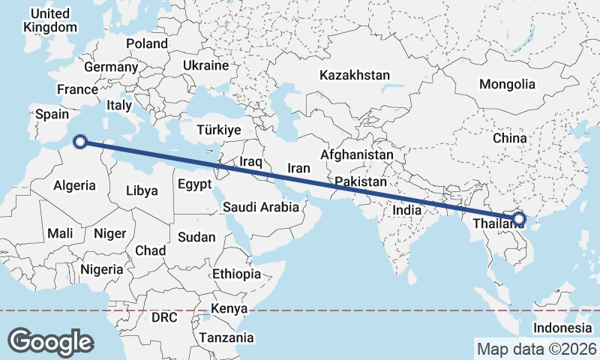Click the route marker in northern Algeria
pyautogui.click(x=80, y=140)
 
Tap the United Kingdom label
pyautogui.click(x=50, y=20)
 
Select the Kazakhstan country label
pyautogui.click(x=355, y=75)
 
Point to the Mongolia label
pyautogui.click(x=507, y=84)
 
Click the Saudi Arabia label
pyautogui.click(x=260, y=206)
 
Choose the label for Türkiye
pyautogui.click(x=218, y=130)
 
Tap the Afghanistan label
pyautogui.click(x=356, y=154)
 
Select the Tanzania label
pyautogui.click(x=226, y=337)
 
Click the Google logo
pyautogui.click(x=51, y=341)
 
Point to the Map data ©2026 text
pyautogui.click(x=537, y=349)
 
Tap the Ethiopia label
pyautogui.click(x=236, y=274)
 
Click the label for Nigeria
pyautogui.click(x=101, y=268)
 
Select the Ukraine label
pyautogui.click(x=205, y=65)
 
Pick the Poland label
pyautogui.click(x=147, y=43)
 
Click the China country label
pyautogui.click(x=510, y=139)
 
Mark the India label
pyautogui.click(x=407, y=211)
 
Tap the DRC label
pyautogui.click(x=164, y=317)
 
